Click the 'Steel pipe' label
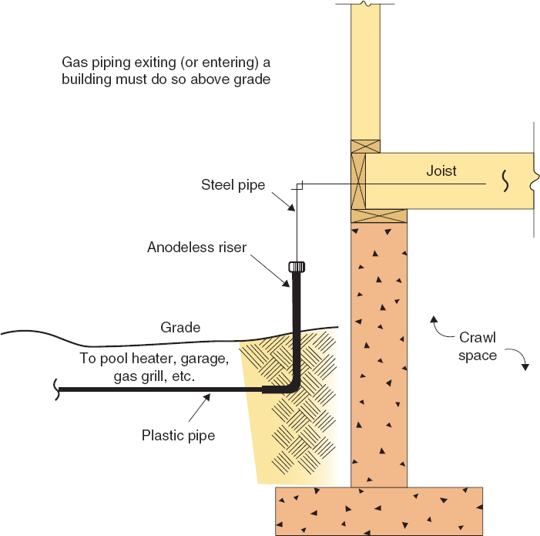click(x=233, y=184)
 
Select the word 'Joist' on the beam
click(x=441, y=171)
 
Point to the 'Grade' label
click(x=180, y=328)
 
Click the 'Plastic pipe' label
click(x=178, y=435)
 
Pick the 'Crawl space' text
click(x=478, y=346)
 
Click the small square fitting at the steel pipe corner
click(x=301, y=185)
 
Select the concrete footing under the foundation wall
click(x=379, y=510)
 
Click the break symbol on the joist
click(x=505, y=180)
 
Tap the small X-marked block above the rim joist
click(x=365, y=146)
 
